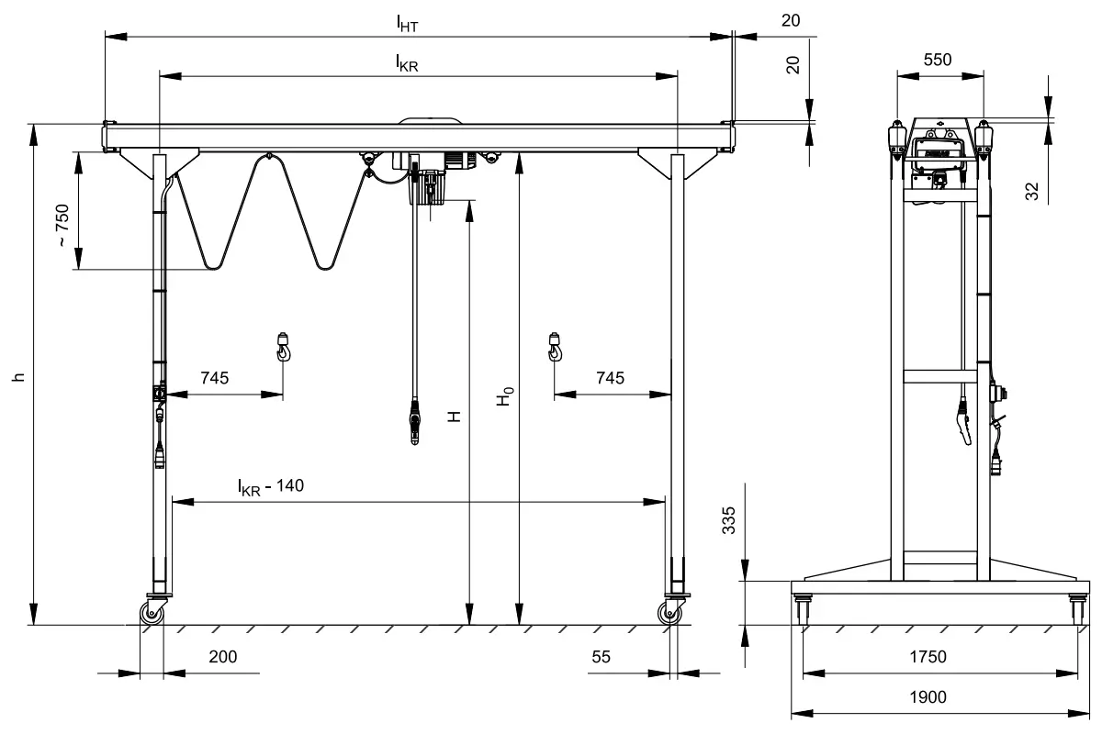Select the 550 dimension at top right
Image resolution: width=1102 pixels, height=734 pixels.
[x=937, y=60]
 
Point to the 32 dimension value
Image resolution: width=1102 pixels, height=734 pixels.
[x=1032, y=191]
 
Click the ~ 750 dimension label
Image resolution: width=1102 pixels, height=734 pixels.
[x=62, y=226]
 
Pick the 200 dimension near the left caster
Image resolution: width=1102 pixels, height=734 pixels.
[x=223, y=657]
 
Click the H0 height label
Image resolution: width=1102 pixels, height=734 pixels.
[x=504, y=396]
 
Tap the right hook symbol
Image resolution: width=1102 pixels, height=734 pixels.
[x=555, y=347]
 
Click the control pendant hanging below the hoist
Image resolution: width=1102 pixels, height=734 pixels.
[x=418, y=425]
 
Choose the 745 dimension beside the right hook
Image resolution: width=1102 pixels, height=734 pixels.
[x=610, y=377]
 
